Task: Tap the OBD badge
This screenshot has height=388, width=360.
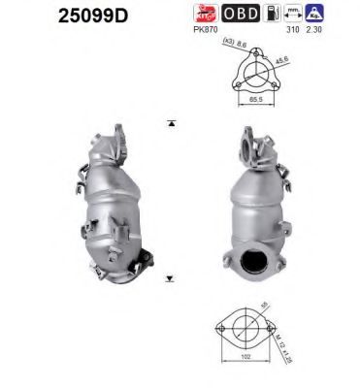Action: [241, 14]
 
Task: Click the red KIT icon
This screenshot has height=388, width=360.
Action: [204, 14]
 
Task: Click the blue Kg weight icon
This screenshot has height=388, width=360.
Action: [314, 14]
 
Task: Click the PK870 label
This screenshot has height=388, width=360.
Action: [204, 29]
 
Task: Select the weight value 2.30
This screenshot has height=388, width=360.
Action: [315, 29]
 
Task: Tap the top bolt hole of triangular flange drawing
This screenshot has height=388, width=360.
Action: [253, 54]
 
